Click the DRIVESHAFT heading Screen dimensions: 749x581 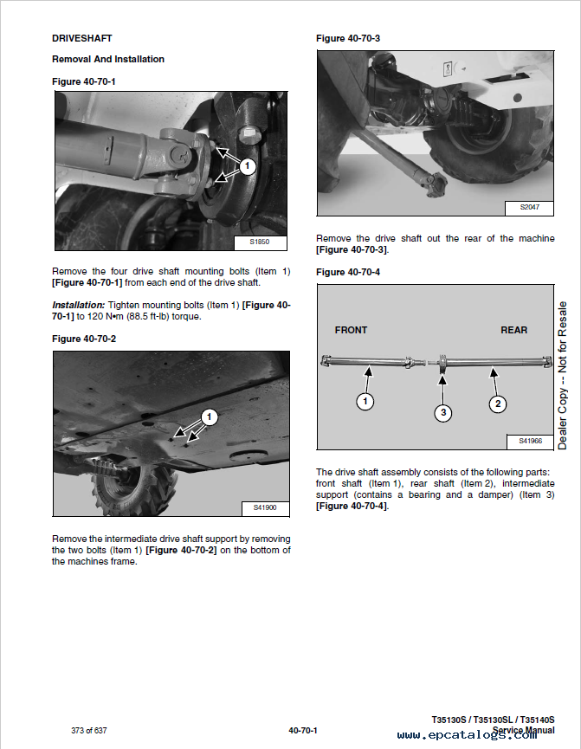coord(82,38)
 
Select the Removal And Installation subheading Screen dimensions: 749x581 coord(108,59)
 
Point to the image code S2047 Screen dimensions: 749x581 coord(529,208)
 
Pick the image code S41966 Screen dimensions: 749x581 coord(530,442)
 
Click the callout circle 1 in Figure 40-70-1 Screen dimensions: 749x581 coord(248,165)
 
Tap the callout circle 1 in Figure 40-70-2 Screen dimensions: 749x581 coord(208,416)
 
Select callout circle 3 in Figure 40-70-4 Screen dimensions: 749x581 coord(442,412)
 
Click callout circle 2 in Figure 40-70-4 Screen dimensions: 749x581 coord(497,403)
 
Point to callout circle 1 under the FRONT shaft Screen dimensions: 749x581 coord(365,402)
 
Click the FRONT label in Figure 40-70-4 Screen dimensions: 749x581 coord(351,330)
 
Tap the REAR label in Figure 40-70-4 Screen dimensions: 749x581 coord(513,330)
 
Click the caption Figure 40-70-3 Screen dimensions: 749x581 coord(348,38)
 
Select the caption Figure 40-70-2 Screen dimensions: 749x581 coord(84,339)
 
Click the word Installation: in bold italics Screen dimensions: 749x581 coord(78,305)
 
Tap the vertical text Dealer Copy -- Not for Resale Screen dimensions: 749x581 coord(563,375)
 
